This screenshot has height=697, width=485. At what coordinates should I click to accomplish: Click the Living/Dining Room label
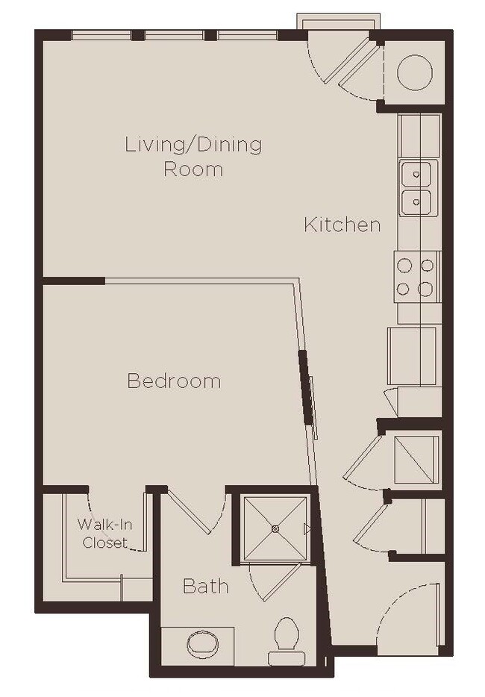pyautogui.click(x=193, y=156)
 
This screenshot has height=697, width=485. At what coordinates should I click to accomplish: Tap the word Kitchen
pyautogui.click(x=342, y=225)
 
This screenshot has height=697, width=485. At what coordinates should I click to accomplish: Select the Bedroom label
pyautogui.click(x=174, y=381)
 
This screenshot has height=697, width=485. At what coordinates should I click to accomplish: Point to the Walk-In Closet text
pyautogui.click(x=104, y=534)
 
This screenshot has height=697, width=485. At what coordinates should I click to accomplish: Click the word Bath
pyautogui.click(x=205, y=587)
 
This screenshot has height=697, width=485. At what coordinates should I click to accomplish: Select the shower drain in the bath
pyautogui.click(x=275, y=529)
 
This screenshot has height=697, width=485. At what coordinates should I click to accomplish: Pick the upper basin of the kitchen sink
pyautogui.click(x=418, y=175)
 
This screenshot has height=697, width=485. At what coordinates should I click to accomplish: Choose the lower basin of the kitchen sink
pyautogui.click(x=418, y=201)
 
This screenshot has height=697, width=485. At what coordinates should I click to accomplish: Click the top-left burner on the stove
pyautogui.click(x=404, y=264)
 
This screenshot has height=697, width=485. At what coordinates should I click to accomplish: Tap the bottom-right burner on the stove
pyautogui.click(x=427, y=289)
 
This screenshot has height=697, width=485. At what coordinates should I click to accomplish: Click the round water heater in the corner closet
pyautogui.click(x=414, y=72)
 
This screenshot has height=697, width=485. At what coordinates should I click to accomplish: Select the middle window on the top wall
pyautogui.click(x=174, y=34)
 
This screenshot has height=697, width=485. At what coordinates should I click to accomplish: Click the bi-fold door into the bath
pyautogui.click(x=190, y=510)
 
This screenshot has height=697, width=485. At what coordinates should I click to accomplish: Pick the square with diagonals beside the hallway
pyautogui.click(x=416, y=458)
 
